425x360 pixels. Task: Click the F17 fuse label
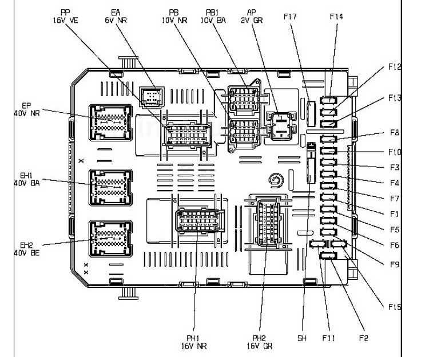pos(290,17)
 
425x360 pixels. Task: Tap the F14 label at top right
pos(336,17)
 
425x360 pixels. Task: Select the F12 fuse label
pos(394,67)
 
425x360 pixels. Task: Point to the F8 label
pos(394,133)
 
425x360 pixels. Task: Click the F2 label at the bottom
pos(363,338)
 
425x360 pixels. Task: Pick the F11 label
pos(328,338)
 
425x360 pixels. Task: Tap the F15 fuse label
pos(394,307)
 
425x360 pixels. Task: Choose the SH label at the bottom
pos(302,338)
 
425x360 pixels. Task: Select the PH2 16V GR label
pos(260,342)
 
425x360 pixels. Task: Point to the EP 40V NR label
pos(26,109)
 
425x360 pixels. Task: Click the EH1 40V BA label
pos(26,179)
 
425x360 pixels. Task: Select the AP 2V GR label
pos(252,15)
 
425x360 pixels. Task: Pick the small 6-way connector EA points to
pos(151,97)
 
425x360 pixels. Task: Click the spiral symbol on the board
pos(275,183)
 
